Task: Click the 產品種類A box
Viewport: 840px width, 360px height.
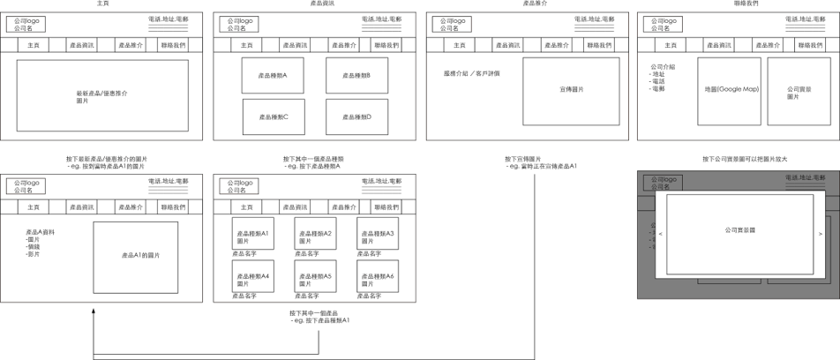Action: click(x=274, y=75)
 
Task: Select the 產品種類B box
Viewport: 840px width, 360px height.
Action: click(x=356, y=75)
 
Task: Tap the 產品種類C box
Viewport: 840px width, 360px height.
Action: click(x=274, y=116)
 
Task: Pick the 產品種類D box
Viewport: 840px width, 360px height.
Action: click(x=356, y=116)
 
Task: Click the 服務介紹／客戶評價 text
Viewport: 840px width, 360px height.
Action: click(x=471, y=73)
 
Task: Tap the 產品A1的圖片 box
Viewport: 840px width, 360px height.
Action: click(x=135, y=256)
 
